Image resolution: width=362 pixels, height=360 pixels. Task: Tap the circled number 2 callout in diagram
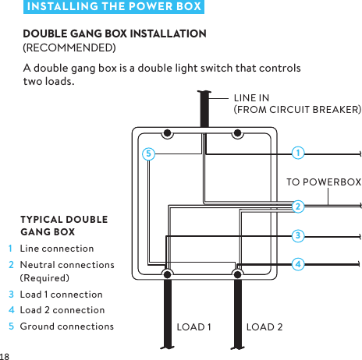tap(298, 206)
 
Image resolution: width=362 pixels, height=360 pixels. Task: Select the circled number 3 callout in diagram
tap(298, 235)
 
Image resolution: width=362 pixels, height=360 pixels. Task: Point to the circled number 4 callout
tap(298, 263)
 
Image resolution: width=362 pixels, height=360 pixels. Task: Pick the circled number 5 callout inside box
tap(147, 154)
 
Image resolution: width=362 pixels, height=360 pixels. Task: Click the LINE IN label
tap(252, 98)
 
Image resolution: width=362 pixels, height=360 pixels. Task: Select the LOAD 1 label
tap(195, 326)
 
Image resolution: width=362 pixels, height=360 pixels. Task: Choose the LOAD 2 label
tap(264, 326)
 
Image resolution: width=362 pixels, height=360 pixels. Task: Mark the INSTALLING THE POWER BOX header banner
tap(113, 8)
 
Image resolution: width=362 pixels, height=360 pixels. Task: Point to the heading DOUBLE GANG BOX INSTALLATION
tap(115, 34)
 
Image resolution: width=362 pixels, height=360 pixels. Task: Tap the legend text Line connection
tap(57, 249)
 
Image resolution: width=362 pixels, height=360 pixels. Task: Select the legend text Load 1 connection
tap(61, 295)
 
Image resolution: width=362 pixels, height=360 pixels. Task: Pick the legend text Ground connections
tap(66, 326)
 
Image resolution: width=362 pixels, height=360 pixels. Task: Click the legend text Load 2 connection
tap(62, 310)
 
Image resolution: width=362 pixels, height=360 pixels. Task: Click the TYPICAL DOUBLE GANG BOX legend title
tap(64, 225)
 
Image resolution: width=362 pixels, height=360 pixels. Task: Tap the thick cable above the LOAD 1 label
tap(166, 312)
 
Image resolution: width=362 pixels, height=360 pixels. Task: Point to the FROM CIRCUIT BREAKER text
tap(298, 111)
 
